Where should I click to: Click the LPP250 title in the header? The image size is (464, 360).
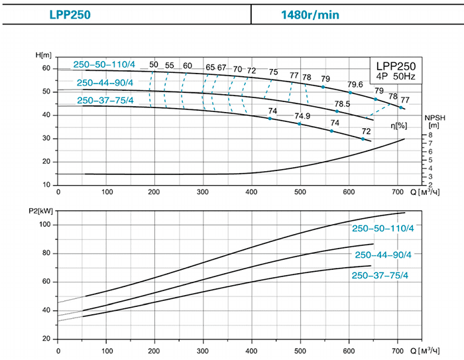[70, 13]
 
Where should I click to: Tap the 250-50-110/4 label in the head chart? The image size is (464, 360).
[104, 64]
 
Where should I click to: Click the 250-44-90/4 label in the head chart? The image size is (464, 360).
[105, 83]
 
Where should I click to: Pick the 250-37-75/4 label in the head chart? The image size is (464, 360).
[105, 101]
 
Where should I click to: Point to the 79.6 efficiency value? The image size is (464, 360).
[355, 84]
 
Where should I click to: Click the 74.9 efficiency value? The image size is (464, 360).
[302, 116]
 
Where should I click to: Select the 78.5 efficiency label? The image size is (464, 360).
[342, 104]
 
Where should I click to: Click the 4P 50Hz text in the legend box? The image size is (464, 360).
[395, 77]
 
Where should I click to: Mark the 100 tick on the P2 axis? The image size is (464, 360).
[45, 225]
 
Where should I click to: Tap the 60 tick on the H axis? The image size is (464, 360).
[46, 68]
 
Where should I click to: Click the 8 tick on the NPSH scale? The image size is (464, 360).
[429, 135]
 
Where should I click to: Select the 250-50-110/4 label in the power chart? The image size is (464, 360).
[382, 229]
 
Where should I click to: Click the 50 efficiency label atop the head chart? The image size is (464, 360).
[154, 65]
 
